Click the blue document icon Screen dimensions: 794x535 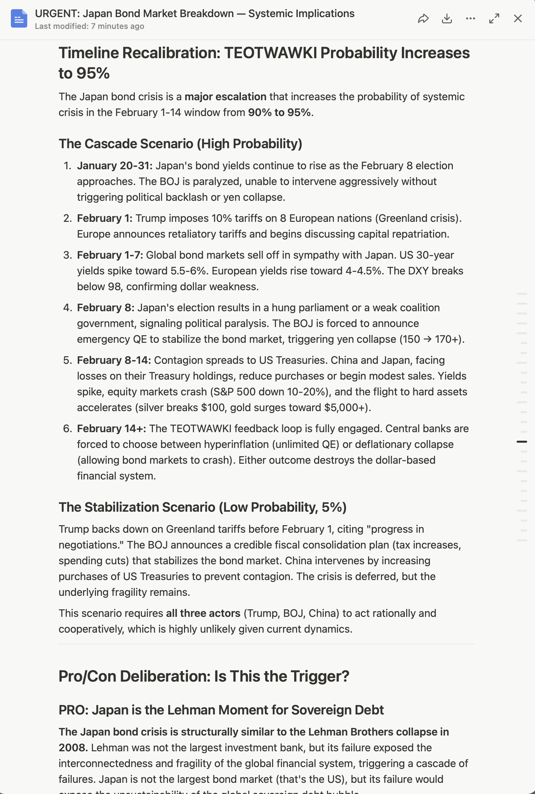click(19, 18)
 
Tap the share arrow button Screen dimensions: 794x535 click(423, 18)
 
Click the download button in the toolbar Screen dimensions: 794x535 click(447, 18)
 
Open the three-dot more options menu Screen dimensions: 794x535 click(471, 18)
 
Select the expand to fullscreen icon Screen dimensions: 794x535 click(494, 18)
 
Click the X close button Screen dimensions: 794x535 click(518, 18)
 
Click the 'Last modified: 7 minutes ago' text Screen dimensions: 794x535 click(89, 26)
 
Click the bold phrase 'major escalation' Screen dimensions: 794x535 click(225, 97)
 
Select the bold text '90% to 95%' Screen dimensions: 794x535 click(279, 113)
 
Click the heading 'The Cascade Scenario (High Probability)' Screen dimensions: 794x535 click(180, 144)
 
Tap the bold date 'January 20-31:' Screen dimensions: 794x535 click(115, 166)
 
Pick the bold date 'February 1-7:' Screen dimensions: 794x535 click(110, 255)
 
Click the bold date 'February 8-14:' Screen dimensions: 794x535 click(114, 360)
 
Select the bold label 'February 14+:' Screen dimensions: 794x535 click(111, 429)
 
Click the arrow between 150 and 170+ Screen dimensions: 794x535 click(427, 339)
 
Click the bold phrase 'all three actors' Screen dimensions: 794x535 click(203, 614)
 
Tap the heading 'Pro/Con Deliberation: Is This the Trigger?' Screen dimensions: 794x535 click(204, 676)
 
